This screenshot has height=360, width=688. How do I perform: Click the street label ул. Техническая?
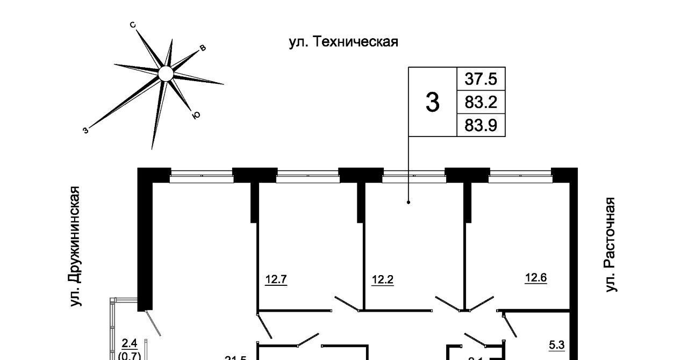point(343,41)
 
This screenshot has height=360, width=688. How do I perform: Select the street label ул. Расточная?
point(609,245)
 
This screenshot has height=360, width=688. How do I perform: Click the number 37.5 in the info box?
point(481,80)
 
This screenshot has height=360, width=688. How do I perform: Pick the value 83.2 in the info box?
point(481,102)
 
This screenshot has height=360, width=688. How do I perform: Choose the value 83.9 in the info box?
point(481,125)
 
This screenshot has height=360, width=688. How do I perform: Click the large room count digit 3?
point(432,102)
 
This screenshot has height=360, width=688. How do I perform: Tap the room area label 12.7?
point(276,279)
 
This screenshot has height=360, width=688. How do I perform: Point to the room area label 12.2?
point(383,279)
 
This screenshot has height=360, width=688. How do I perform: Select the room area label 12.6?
point(536,278)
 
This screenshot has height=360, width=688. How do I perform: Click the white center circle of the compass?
point(166,74)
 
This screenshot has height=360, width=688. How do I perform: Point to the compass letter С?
point(133,25)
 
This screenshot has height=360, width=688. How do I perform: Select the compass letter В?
point(203,48)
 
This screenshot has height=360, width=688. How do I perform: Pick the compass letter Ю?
point(196,114)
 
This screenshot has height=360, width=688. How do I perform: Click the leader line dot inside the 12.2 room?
point(408,203)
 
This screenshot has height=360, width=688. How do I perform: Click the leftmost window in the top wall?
point(201,175)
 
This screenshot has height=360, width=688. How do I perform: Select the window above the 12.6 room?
point(520,175)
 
